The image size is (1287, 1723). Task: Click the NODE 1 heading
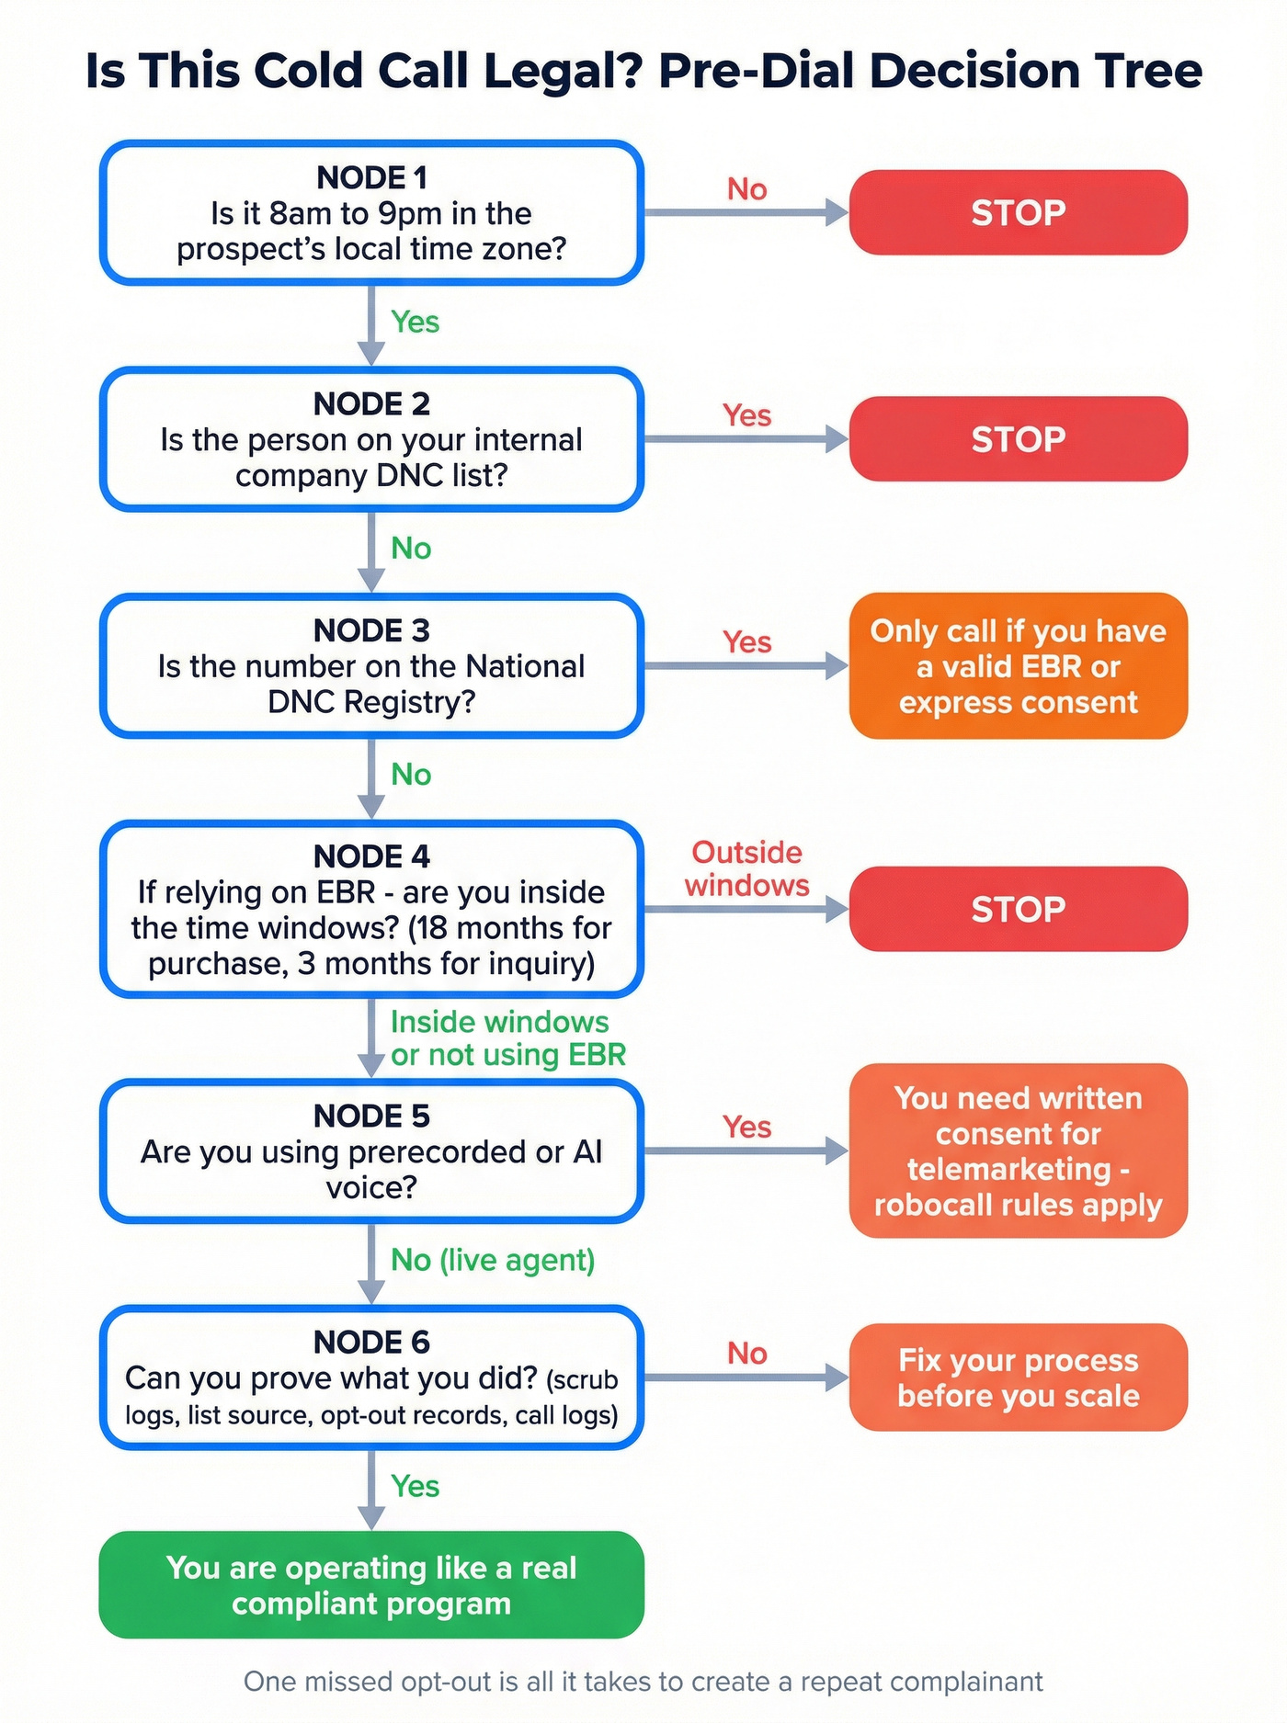(371, 177)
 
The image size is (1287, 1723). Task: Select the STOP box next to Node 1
(1018, 212)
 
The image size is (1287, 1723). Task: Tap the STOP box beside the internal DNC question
(1018, 439)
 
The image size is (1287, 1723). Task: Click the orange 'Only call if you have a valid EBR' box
(1018, 666)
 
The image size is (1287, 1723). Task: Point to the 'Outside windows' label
(746, 868)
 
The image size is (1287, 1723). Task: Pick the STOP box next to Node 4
(1018, 909)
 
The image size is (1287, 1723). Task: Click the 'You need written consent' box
(1018, 1151)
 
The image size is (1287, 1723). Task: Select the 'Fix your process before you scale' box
(1018, 1377)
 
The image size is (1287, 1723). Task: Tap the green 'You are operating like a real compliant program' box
(371, 1585)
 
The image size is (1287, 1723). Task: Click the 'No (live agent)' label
(493, 1260)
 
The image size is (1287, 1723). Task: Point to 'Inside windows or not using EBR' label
(507, 1038)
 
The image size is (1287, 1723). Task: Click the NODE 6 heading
(371, 1342)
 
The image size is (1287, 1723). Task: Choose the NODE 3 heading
(371, 630)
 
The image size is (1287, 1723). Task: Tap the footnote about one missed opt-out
(643, 1682)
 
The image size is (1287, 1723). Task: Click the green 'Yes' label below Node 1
(415, 322)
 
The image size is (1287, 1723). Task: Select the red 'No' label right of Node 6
(746, 1353)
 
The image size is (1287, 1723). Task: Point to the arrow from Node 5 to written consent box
(746, 1151)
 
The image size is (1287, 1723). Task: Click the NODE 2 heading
(371, 403)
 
